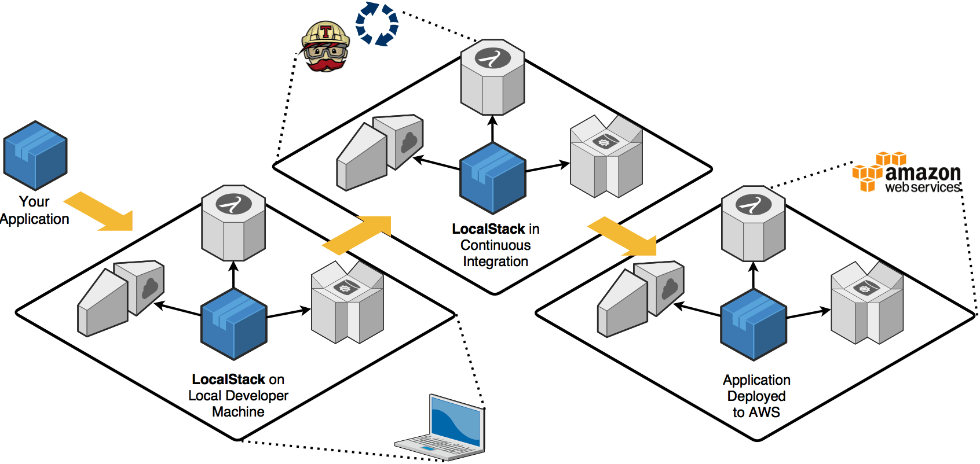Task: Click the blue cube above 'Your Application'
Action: point(35,155)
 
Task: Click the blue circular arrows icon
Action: point(377,24)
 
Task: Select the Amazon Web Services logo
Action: point(907,172)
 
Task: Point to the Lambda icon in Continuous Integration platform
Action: point(493,58)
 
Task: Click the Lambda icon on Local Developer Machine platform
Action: point(233,204)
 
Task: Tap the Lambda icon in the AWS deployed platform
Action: point(753,205)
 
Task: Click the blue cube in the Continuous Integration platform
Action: point(493,178)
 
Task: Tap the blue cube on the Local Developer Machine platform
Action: point(233,324)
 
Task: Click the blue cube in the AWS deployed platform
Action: point(753,325)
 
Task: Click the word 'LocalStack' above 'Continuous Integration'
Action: point(488,229)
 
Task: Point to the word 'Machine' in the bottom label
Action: point(238,412)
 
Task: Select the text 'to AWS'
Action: point(756,413)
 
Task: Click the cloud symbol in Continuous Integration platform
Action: point(409,141)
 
